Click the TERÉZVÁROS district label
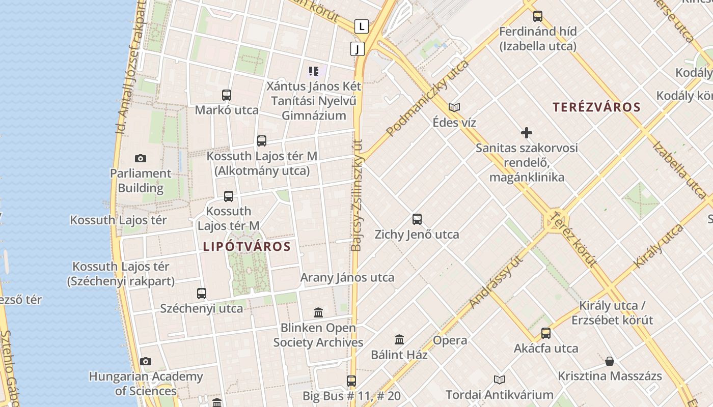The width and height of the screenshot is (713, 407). (596, 107)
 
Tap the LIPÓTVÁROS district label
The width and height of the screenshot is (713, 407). (246, 247)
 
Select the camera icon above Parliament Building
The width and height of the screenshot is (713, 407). (141, 159)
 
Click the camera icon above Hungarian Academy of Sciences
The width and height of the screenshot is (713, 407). (146, 362)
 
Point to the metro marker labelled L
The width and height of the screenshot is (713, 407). (362, 26)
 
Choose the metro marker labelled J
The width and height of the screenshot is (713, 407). (358, 49)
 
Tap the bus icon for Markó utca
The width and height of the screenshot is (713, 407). (227, 95)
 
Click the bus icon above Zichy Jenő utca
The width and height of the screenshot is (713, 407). (417, 219)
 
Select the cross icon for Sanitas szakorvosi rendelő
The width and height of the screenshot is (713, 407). (527, 133)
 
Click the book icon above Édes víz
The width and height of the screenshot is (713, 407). (454, 107)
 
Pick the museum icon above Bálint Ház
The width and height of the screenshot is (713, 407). (399, 339)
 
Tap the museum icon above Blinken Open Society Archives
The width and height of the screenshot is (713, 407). (318, 312)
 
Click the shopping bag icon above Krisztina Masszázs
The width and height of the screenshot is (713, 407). (610, 361)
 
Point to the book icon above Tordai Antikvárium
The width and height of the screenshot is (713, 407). (499, 380)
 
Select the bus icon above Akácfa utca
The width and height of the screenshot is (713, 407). (546, 333)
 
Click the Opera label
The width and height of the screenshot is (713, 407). (450, 340)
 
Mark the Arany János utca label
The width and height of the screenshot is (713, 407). (347, 278)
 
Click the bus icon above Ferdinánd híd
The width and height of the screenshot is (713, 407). (538, 16)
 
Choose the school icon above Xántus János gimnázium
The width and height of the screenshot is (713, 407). (314, 71)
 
